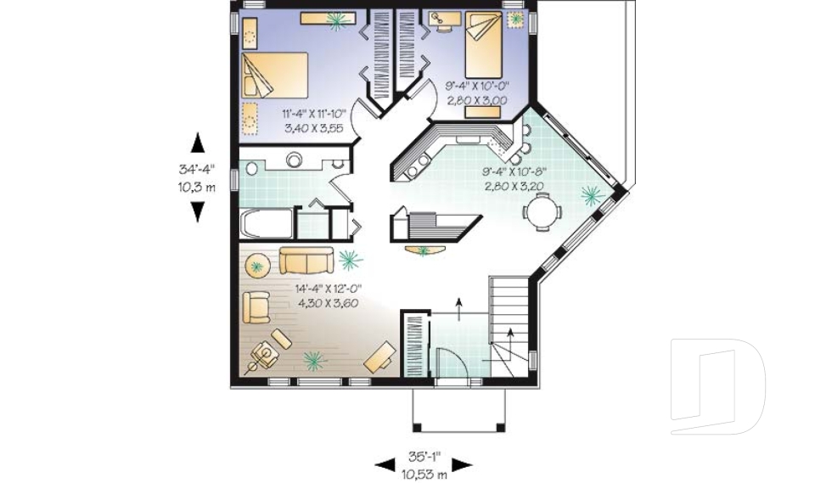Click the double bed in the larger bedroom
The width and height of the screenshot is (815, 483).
click(x=274, y=74)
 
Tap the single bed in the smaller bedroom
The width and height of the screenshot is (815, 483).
click(x=484, y=49)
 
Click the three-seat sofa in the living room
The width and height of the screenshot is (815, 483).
click(x=306, y=258)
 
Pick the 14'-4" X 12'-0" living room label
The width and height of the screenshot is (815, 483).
click(x=324, y=289)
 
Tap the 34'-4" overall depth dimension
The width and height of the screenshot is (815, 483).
click(x=197, y=168)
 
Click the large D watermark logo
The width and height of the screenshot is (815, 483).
click(x=718, y=386)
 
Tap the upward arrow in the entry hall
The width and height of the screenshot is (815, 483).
click(x=459, y=306)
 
